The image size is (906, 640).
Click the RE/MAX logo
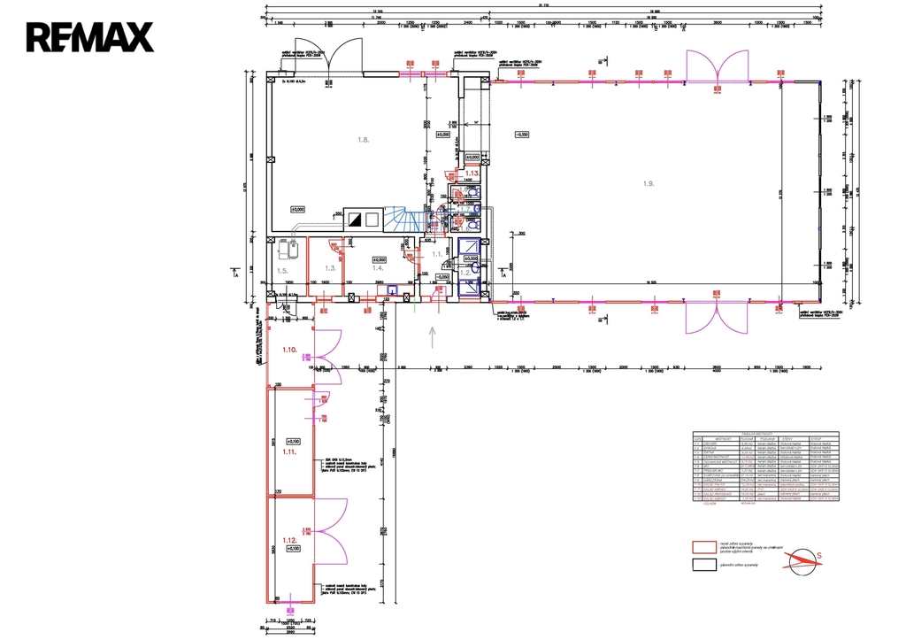[x=89, y=36]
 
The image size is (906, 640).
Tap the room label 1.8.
[x=363, y=140]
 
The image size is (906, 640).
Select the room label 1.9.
[x=649, y=183]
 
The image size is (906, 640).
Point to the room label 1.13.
[x=472, y=174]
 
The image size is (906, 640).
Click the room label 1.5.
[x=282, y=271]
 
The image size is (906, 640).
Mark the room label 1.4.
[x=377, y=266]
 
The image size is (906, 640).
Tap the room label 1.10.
[x=290, y=351]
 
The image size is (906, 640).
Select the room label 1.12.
[x=290, y=540]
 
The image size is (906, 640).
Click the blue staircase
[x=403, y=220]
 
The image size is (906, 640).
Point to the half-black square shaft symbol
[x=355, y=219]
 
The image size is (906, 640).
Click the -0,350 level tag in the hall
[x=522, y=135]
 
